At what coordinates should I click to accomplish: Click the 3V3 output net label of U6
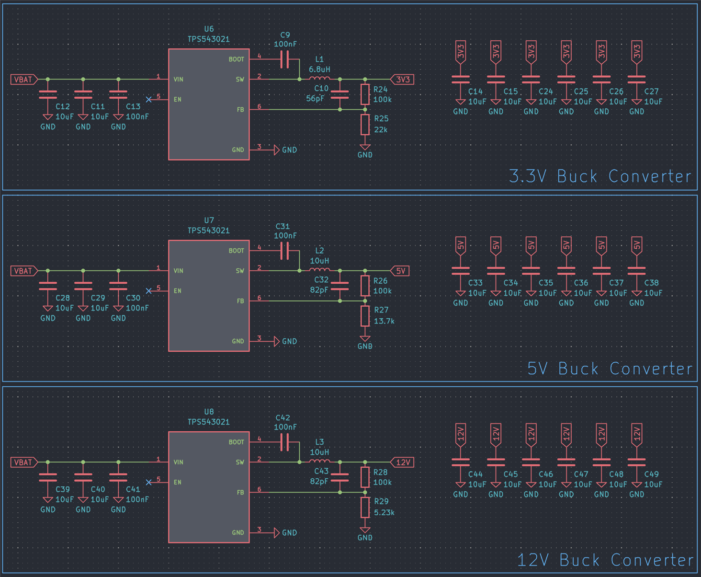coord(402,80)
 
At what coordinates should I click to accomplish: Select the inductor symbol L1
coord(319,79)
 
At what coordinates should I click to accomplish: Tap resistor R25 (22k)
coord(365,125)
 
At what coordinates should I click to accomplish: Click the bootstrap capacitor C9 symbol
coord(284,59)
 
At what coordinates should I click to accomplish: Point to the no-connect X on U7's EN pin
coord(148,291)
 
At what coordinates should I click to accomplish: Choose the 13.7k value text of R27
coord(384,321)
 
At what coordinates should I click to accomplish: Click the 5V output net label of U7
coord(400,271)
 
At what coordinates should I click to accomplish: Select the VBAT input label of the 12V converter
coord(24,462)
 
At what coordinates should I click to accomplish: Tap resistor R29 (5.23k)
coord(365,508)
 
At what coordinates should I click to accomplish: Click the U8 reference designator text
coord(209,412)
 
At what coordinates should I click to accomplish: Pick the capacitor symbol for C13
coord(118,95)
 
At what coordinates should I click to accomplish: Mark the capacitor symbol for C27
coord(636,79)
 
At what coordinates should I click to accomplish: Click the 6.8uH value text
coord(319,69)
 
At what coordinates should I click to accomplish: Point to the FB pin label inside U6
coord(240,110)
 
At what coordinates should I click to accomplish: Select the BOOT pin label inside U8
coord(237,442)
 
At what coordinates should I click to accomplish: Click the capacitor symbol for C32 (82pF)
coord(339,286)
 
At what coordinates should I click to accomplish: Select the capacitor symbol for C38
coord(636,271)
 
